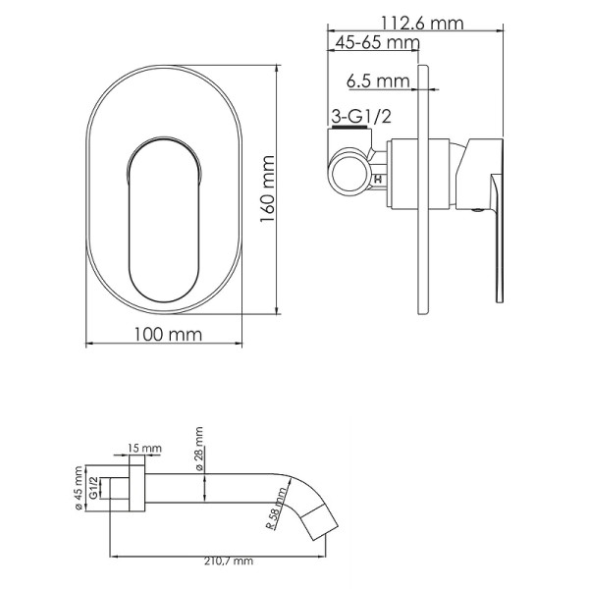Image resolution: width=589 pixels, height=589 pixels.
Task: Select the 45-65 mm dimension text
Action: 376,43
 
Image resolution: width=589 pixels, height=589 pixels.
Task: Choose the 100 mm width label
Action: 167,334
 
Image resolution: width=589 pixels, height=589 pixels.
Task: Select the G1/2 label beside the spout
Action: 96,488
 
